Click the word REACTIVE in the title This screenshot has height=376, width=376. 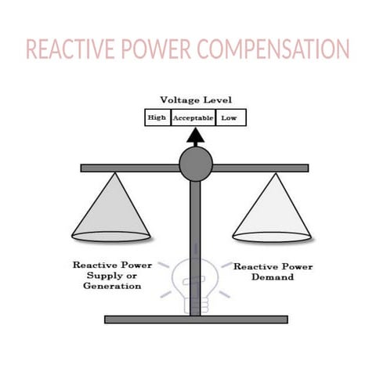coord(71,49)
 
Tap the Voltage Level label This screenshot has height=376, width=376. coord(196,100)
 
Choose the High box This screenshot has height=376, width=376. coord(157,117)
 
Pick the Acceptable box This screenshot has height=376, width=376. coord(193,117)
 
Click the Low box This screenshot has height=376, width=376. coord(230,117)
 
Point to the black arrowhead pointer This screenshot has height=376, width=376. coord(195,136)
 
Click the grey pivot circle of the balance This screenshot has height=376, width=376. coord(195,164)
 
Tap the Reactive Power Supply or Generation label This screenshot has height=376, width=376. coord(112,276)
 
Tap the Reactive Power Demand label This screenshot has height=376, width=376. coord(273,272)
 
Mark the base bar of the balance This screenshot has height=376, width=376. coord(196,320)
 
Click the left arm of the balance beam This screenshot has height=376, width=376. coord(129,168)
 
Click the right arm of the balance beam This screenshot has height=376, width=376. coord(261,168)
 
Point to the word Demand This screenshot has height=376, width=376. coord(273,277)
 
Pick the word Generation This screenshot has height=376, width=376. coord(112,287)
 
